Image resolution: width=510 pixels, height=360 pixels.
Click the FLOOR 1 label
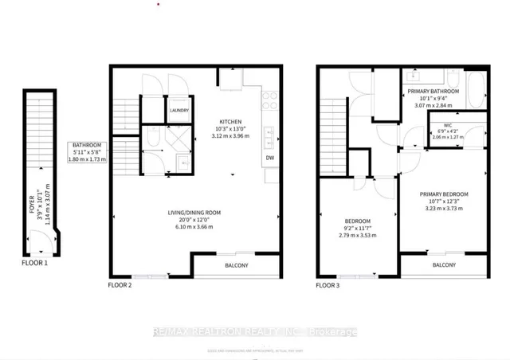(x=36, y=260)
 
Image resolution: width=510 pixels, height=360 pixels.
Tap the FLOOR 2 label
(x=120, y=284)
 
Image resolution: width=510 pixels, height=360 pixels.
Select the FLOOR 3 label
(x=328, y=284)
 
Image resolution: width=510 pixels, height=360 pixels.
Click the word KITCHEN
(x=231, y=122)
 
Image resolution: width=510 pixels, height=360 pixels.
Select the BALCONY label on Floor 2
(x=236, y=265)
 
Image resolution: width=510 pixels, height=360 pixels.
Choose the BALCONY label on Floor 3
(x=444, y=265)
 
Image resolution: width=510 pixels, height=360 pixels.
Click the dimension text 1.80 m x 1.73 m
(x=86, y=160)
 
